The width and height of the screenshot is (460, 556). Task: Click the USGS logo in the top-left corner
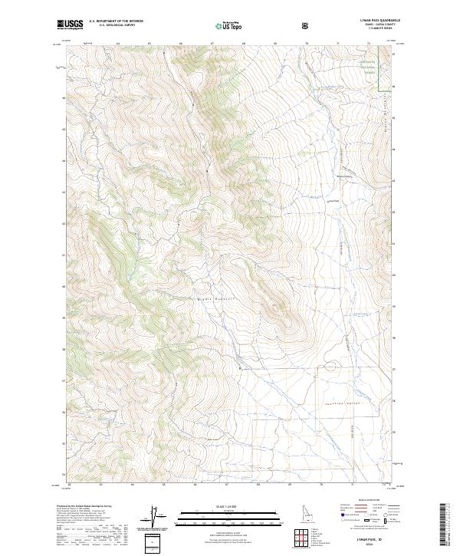click(71, 25)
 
